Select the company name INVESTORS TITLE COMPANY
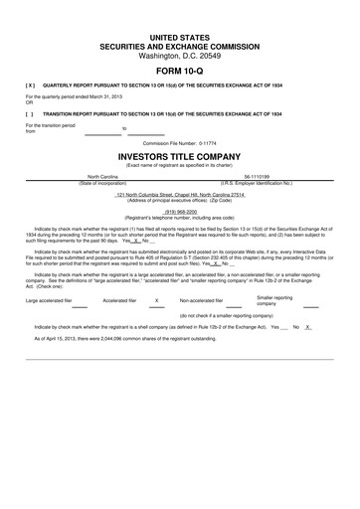(x=180, y=157)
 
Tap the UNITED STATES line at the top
(x=180, y=36)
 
